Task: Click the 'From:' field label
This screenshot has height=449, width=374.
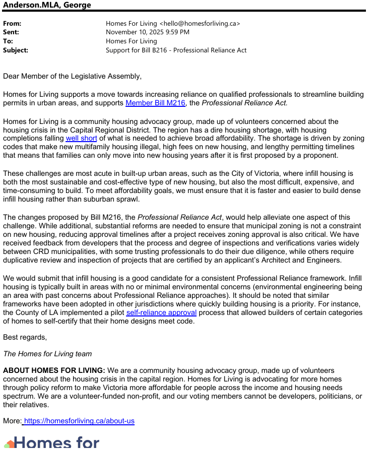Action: (12, 24)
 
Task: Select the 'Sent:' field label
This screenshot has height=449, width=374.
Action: (11, 32)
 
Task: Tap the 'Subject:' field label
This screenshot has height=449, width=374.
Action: (16, 50)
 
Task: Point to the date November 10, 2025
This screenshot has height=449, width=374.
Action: (134, 32)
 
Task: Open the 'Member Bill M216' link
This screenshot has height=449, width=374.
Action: (155, 103)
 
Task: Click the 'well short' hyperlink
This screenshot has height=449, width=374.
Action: (81, 139)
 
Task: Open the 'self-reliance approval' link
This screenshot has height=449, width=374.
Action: (161, 313)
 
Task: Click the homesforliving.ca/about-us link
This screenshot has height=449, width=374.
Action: (79, 421)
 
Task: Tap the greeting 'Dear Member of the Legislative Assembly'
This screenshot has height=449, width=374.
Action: (72, 77)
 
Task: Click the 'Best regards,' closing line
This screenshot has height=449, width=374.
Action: (25, 337)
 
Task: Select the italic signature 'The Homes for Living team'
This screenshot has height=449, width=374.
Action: (47, 354)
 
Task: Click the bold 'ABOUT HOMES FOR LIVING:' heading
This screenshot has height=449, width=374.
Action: (54, 371)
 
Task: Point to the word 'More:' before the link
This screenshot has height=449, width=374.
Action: (12, 421)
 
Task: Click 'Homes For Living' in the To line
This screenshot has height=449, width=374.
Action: (131, 41)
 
